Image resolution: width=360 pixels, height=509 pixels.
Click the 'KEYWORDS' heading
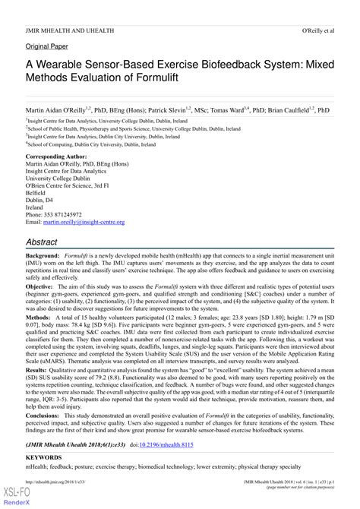pos(45,479)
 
